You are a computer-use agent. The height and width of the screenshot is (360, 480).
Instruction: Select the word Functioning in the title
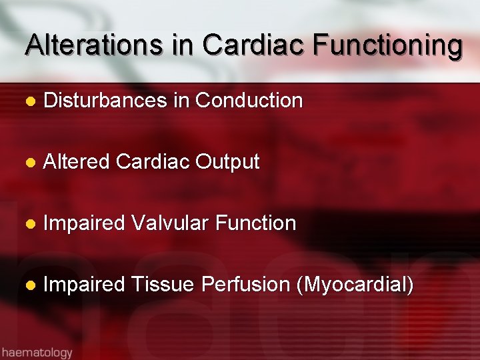tap(387, 45)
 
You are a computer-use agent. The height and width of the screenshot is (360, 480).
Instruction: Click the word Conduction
tap(249, 101)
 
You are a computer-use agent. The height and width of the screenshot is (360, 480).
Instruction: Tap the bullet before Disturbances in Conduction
tap(29, 101)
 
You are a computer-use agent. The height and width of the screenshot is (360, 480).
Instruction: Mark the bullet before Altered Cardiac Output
tap(29, 163)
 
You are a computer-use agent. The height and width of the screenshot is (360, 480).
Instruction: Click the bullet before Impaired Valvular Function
tap(29, 224)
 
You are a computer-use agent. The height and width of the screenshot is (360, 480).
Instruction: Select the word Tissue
tap(163, 285)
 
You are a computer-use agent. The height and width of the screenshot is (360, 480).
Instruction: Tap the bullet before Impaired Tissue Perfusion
tap(29, 285)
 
